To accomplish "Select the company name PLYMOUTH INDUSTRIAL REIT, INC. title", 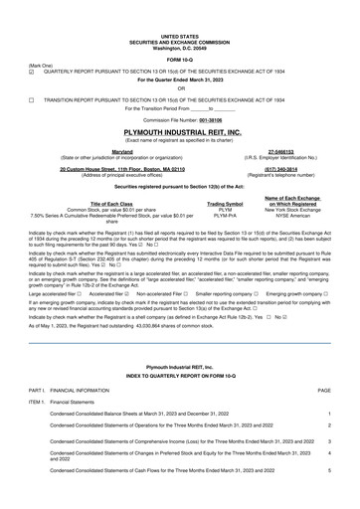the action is [x=180, y=132].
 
